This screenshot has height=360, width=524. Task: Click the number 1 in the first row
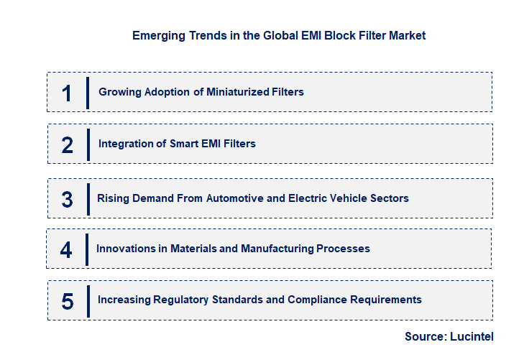coord(67,93)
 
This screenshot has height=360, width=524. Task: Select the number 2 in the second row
coord(68,144)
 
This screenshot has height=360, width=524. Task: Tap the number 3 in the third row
coord(68,199)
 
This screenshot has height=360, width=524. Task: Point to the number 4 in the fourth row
coord(67,249)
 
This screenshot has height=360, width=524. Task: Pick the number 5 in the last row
coord(68,301)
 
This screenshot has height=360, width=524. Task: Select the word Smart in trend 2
coord(184,144)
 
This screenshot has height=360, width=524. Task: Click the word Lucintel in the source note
coord(472,336)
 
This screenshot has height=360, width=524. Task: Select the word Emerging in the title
coord(155,35)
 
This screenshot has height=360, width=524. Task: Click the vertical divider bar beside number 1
coord(87,93)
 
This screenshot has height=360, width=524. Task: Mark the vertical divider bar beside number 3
coord(88,199)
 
